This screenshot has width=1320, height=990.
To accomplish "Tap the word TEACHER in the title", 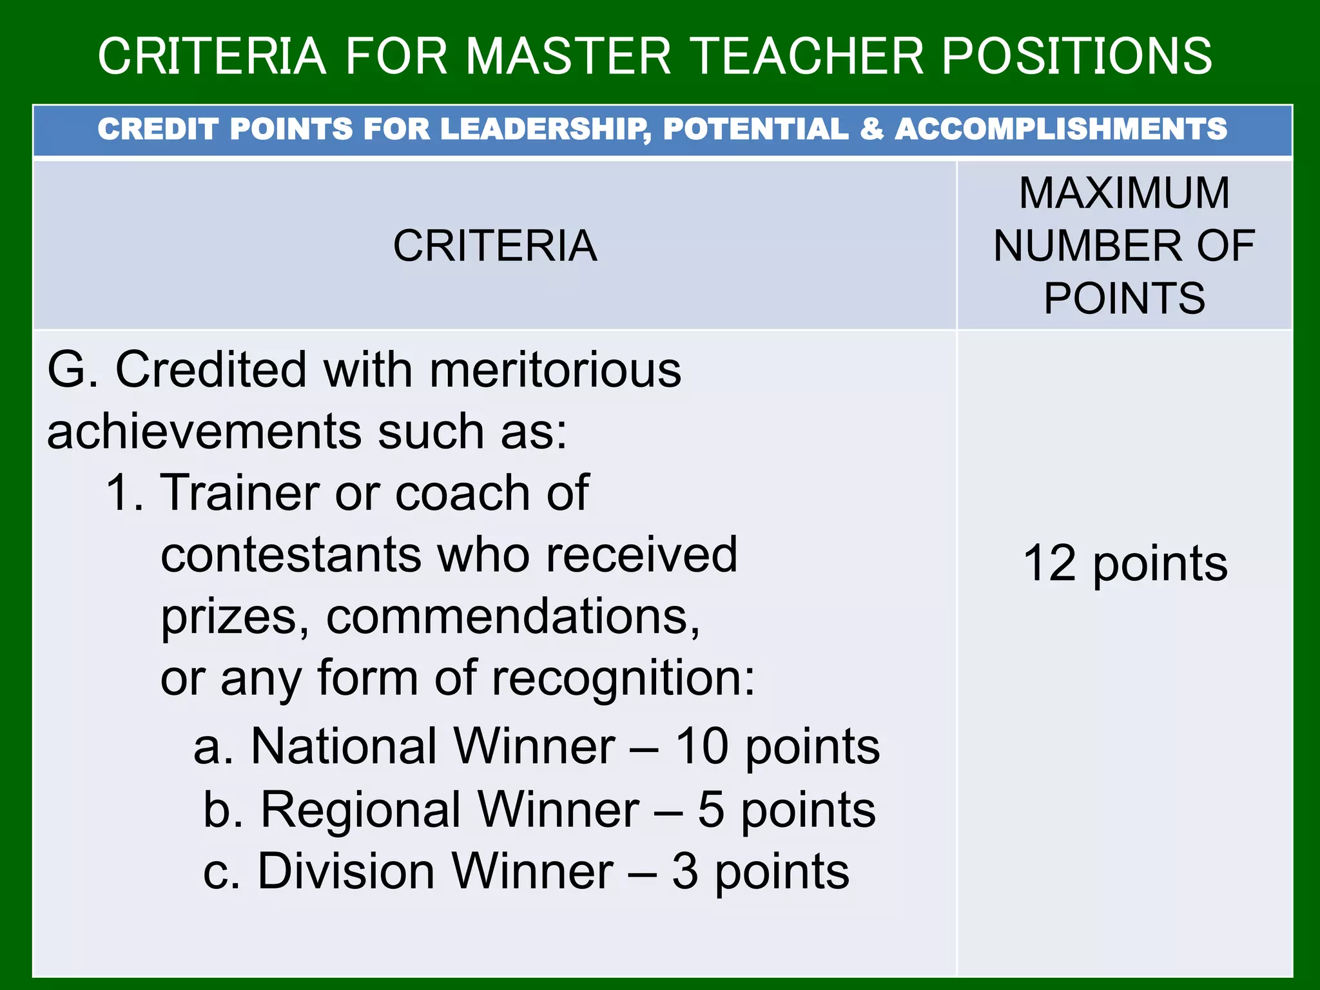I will pyautogui.click(x=807, y=56).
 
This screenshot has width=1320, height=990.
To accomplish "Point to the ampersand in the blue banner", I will pyautogui.click(x=871, y=129).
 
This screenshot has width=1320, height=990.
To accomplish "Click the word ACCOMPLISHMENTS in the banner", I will pyautogui.click(x=1061, y=129).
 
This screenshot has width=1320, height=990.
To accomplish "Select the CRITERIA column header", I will pyautogui.click(x=495, y=246).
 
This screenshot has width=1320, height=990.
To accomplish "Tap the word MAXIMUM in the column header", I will pyautogui.click(x=1124, y=193).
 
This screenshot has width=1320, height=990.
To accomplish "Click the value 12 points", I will pyautogui.click(x=1125, y=563).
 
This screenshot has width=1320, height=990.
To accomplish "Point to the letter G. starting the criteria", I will pyautogui.click(x=72, y=370).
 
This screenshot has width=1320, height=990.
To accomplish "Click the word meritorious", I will pyautogui.click(x=555, y=370).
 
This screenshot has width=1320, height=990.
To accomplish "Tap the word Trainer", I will pyautogui.click(x=239, y=493).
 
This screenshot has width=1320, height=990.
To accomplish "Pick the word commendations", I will pyautogui.click(x=512, y=617).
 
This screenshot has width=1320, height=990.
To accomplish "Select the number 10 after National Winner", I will pyautogui.click(x=702, y=746).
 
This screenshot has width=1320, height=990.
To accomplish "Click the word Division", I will pyautogui.click(x=346, y=871).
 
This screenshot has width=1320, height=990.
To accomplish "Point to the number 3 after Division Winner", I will pyautogui.click(x=685, y=871).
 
